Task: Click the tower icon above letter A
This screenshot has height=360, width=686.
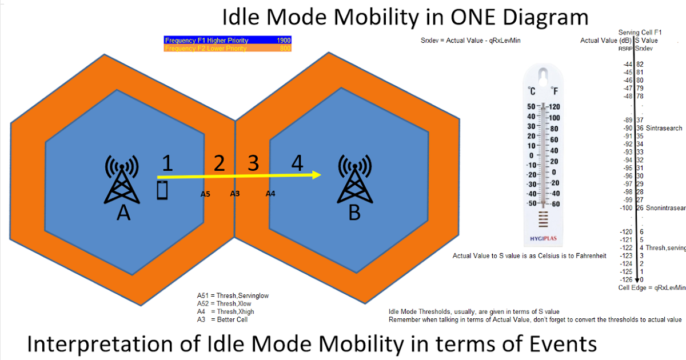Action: (x=121, y=179)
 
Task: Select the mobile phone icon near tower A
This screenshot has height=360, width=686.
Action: (x=163, y=190)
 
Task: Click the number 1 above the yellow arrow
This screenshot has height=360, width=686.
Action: (x=167, y=163)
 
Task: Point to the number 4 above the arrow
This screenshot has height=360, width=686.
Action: (x=297, y=163)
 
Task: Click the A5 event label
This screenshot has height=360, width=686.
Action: (x=205, y=194)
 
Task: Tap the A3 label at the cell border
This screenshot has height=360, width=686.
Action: (x=235, y=194)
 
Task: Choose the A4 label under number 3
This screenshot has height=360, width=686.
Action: (x=270, y=194)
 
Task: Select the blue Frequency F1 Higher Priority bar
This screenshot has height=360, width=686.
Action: (x=228, y=41)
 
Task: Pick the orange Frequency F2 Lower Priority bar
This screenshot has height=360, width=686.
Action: (x=228, y=49)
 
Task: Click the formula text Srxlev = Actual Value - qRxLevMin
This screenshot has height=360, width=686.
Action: (x=470, y=41)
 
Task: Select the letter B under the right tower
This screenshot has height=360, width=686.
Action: (x=354, y=214)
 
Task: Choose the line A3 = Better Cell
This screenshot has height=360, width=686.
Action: (x=222, y=319)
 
